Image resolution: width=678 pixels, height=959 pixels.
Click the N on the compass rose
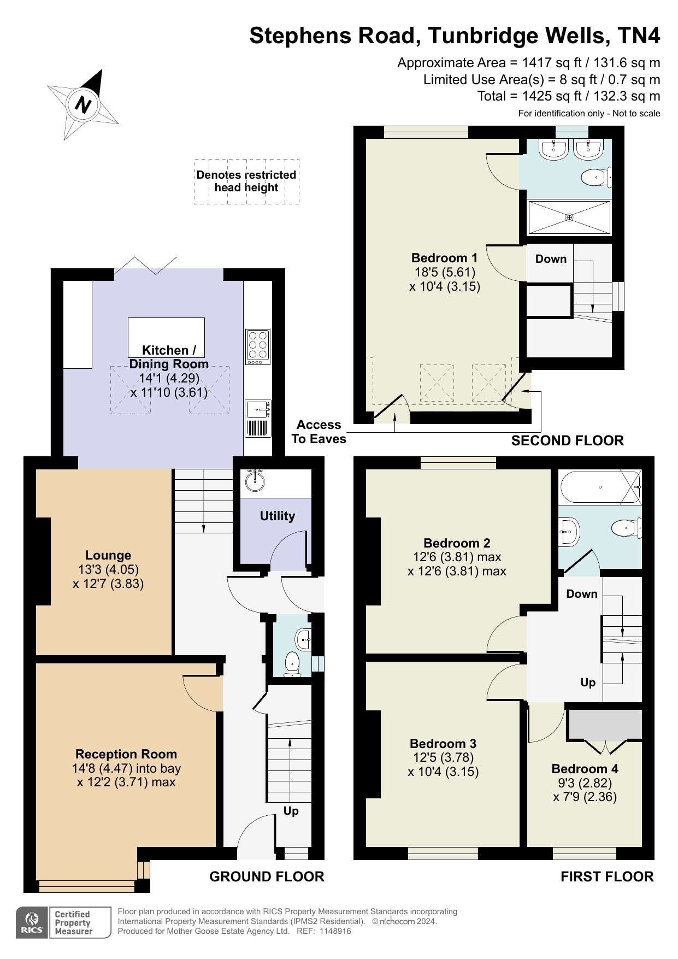(x=83, y=104)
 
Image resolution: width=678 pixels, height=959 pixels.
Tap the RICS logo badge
(x=32, y=922)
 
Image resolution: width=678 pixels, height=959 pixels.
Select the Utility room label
(x=277, y=516)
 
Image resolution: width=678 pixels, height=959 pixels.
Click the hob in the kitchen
(x=258, y=347)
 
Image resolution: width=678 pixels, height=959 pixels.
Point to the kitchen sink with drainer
(x=258, y=418)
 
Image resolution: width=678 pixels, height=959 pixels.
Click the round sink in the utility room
(x=255, y=480)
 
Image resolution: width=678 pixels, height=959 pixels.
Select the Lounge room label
(x=108, y=555)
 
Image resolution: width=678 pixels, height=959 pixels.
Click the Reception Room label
(x=126, y=754)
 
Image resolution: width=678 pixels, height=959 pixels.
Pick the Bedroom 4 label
(x=585, y=769)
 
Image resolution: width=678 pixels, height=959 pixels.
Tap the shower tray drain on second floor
(x=569, y=217)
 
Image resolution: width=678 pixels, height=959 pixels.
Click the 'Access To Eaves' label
(x=319, y=432)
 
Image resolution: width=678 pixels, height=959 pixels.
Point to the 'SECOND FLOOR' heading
(x=567, y=440)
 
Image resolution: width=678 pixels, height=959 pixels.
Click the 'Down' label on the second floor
(x=551, y=259)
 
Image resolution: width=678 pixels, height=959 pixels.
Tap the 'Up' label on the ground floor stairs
(x=291, y=811)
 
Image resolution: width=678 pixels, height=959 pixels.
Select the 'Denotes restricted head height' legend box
(x=246, y=181)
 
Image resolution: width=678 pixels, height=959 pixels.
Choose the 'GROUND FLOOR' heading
(x=267, y=876)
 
